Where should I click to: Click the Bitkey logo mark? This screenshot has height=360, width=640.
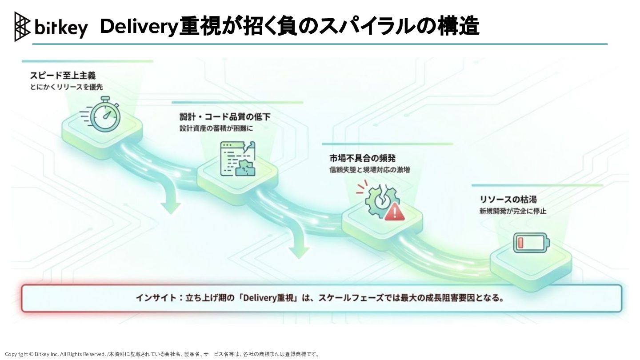tap(23, 27)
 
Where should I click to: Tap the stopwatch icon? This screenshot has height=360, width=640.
tap(105, 114)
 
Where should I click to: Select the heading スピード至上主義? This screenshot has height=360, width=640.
tap(63, 76)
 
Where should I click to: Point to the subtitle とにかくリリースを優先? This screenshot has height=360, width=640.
tap(66, 87)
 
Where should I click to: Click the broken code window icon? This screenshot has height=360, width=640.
tap(238, 159)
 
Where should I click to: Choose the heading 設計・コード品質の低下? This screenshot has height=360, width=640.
tap(225, 117)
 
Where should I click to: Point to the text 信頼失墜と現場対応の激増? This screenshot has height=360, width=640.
tap(369, 169)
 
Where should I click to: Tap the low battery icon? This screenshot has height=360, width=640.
tap(531, 243)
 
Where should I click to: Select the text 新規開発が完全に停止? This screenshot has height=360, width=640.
tap(513, 211)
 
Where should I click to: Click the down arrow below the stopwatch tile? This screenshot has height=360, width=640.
tap(171, 200)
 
